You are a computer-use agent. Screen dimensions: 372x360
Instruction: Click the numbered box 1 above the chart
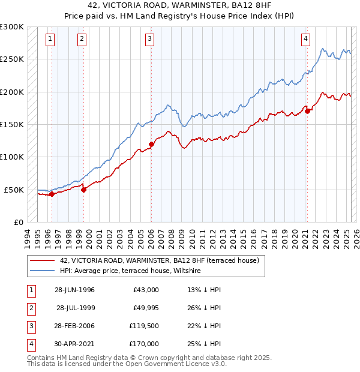pos(50,40)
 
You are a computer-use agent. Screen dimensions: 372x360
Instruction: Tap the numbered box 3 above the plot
pos(149,40)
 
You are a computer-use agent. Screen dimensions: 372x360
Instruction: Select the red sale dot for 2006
pos(151,144)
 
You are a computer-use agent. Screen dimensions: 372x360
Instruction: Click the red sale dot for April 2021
pos(307,111)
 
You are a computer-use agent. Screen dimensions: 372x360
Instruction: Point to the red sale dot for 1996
pos(52,194)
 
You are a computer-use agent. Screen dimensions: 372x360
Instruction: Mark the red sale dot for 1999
pos(83,190)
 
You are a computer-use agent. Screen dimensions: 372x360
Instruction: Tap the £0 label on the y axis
pos(18,222)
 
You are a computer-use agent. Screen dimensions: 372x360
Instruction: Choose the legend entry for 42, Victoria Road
pos(159,260)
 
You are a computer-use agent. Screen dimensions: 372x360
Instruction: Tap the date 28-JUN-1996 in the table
pos(74,290)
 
